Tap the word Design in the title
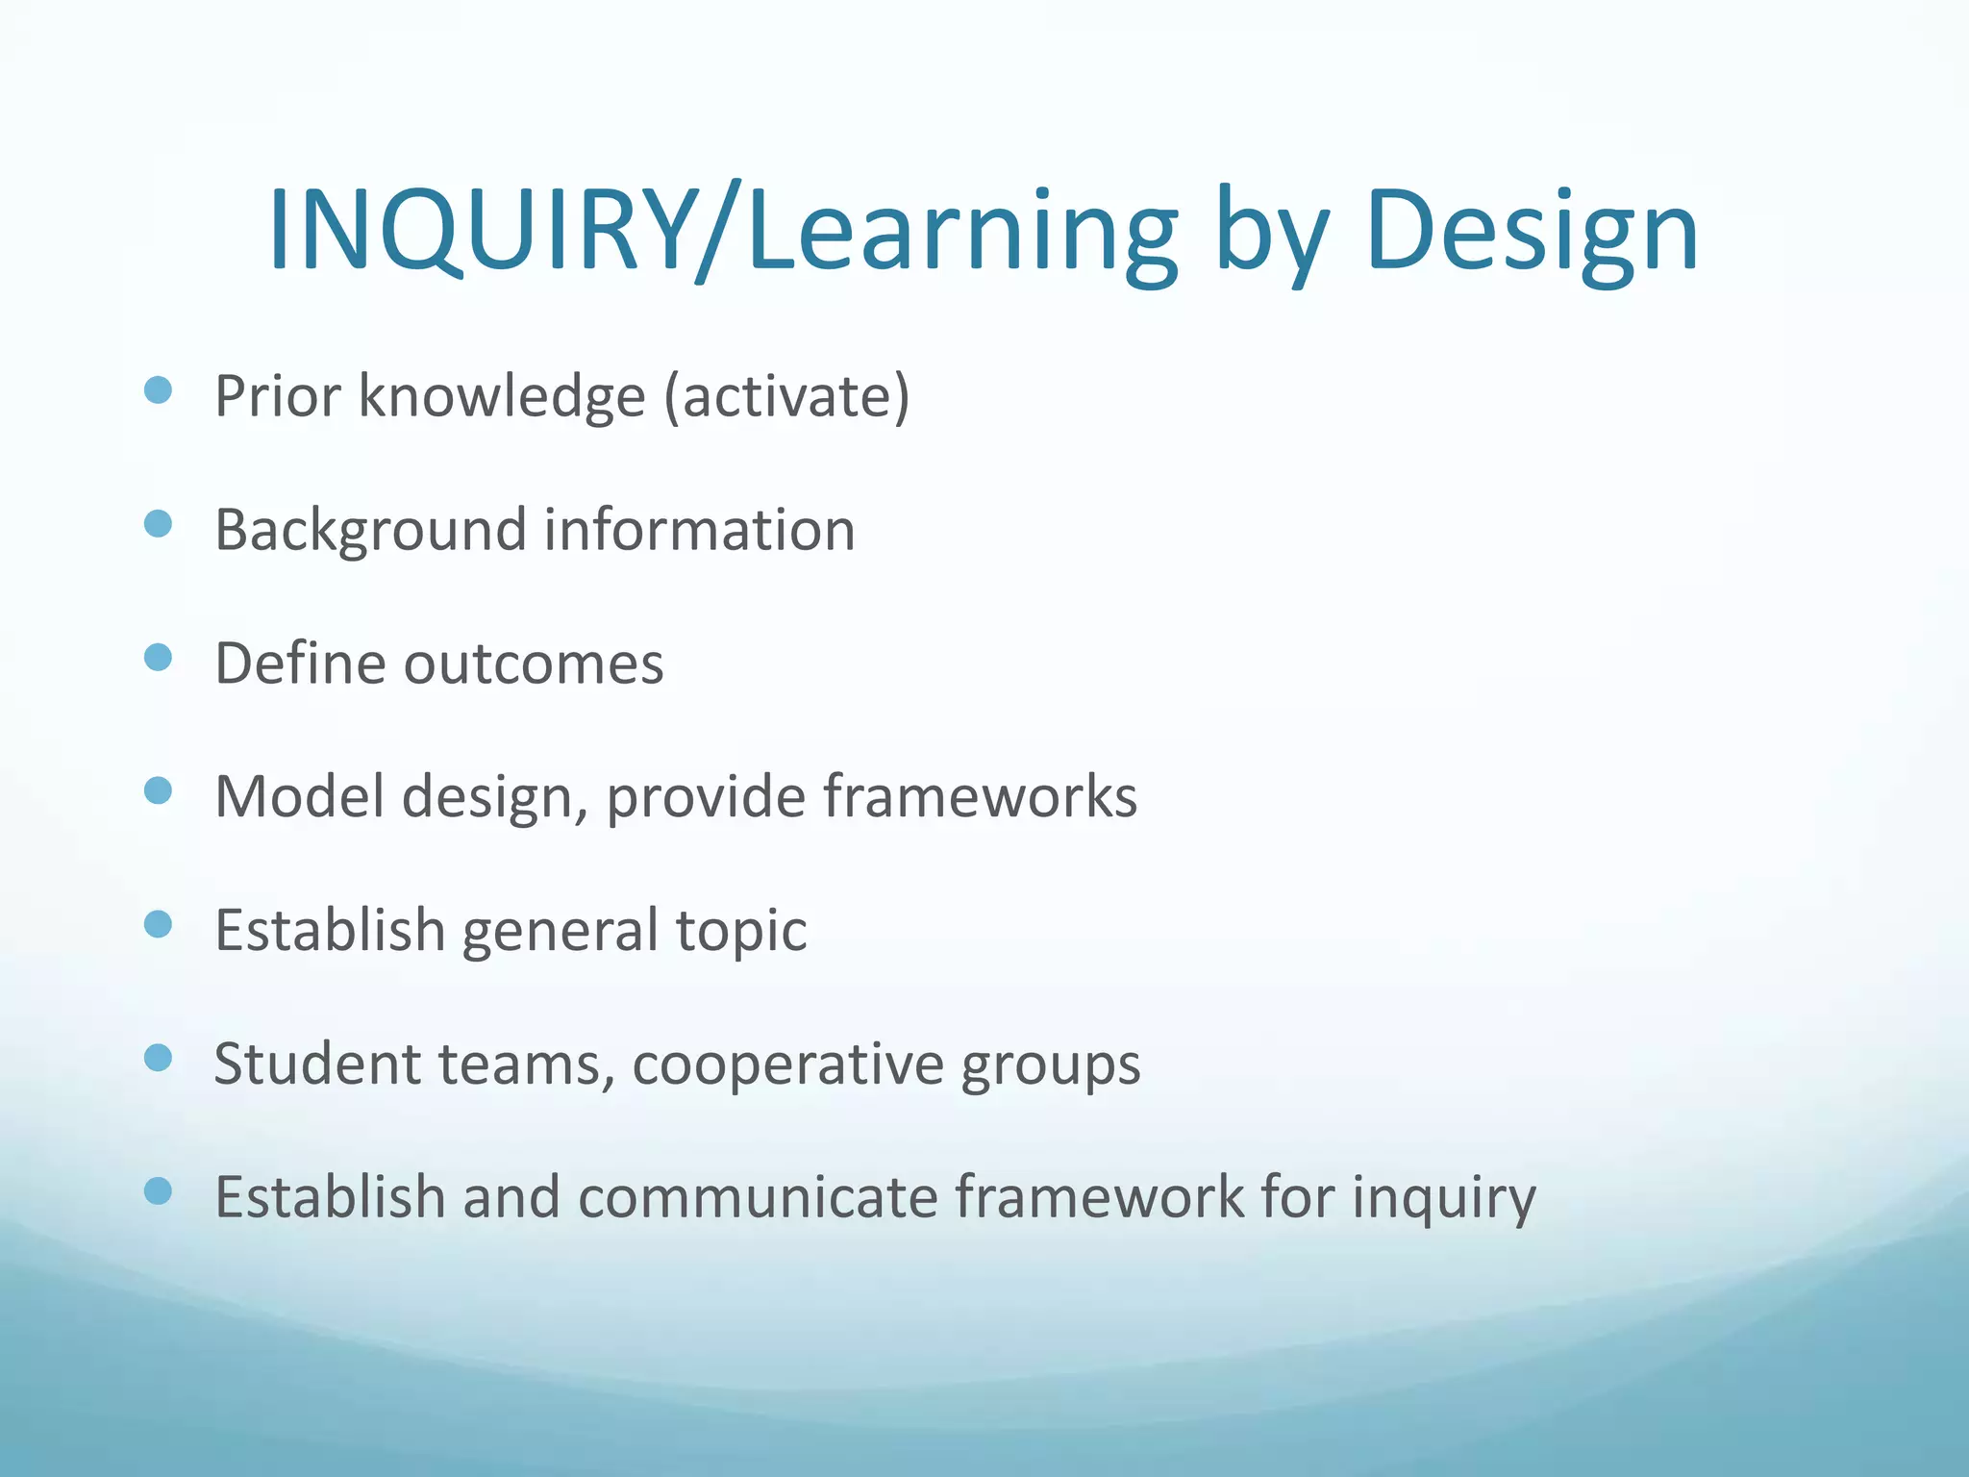[x=1532, y=232]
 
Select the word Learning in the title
[x=961, y=232]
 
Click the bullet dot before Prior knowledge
[x=158, y=390]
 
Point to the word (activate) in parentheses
[x=787, y=395]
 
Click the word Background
[x=371, y=530]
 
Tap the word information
[x=699, y=530]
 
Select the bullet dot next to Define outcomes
[x=158, y=658]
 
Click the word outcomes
[x=534, y=663]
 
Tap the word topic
[x=741, y=931]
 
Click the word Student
[x=316, y=1064]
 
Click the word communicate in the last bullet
[x=757, y=1197]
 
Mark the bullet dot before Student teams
[x=158, y=1058]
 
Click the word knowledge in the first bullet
[x=502, y=395]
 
